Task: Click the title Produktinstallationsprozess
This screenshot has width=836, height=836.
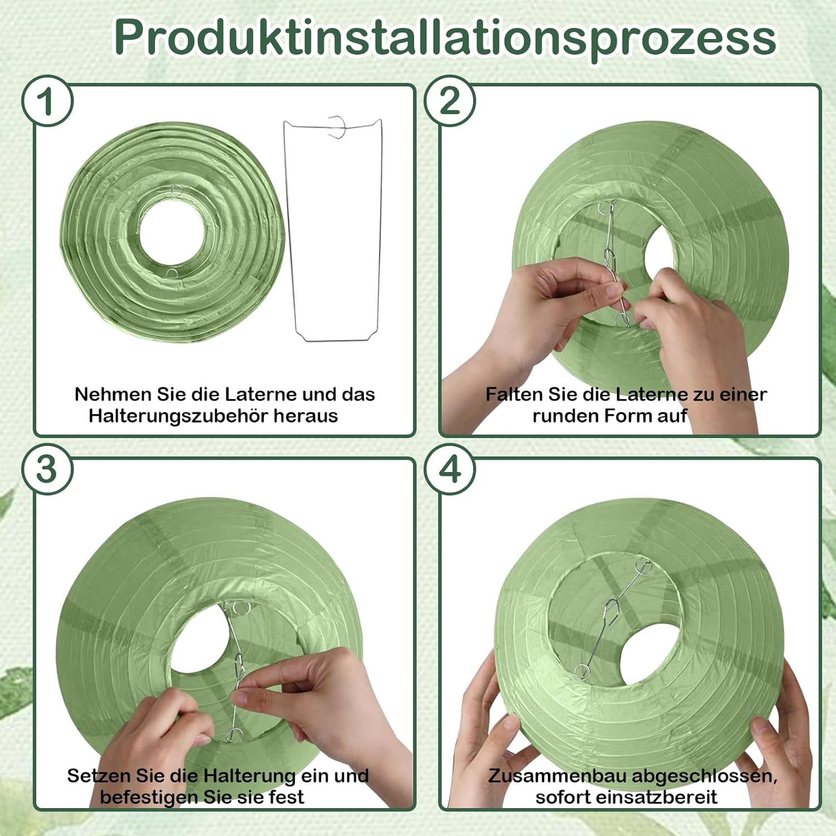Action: [x=445, y=37]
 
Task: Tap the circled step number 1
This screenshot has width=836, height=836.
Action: [x=47, y=101]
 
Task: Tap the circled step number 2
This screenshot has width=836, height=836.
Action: [x=450, y=101]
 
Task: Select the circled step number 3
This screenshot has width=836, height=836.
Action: [x=47, y=469]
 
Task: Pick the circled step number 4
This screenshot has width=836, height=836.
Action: [x=450, y=469]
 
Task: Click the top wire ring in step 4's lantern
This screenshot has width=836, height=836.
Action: [x=644, y=568]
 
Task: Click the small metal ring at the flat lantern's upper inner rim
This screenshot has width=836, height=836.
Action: [x=177, y=191]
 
